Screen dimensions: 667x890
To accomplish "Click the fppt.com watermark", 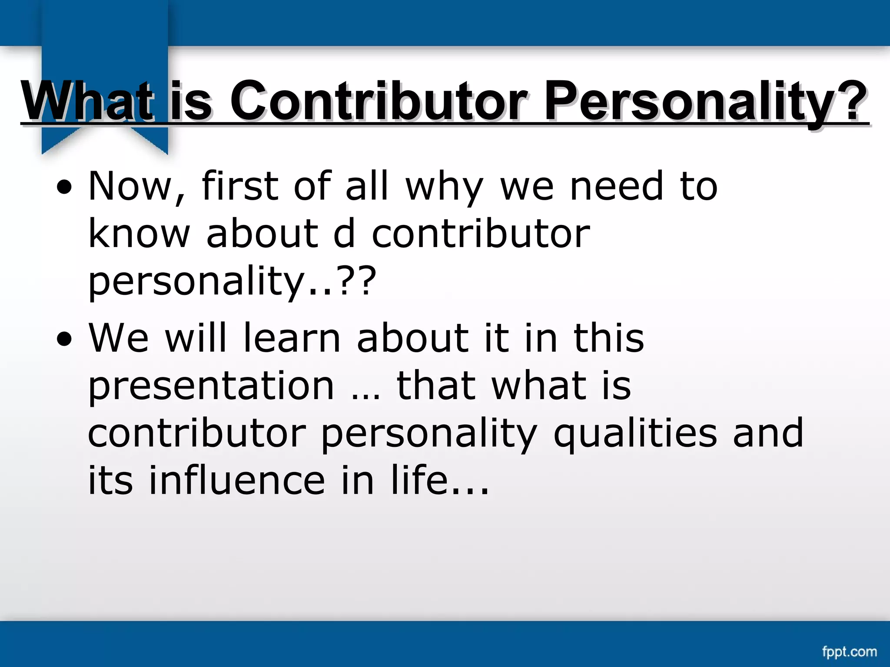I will pyautogui.click(x=849, y=651).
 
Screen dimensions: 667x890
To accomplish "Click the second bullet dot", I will pyautogui.click(x=64, y=340).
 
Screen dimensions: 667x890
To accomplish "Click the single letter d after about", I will pyautogui.click(x=344, y=234).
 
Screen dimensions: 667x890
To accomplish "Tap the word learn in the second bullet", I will pyautogui.click(x=291, y=338).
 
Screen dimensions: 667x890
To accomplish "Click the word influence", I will pyautogui.click(x=237, y=481).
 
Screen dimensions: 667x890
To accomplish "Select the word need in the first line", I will pyautogui.click(x=617, y=187).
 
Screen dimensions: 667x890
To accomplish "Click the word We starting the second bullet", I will pyautogui.click(x=118, y=338).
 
